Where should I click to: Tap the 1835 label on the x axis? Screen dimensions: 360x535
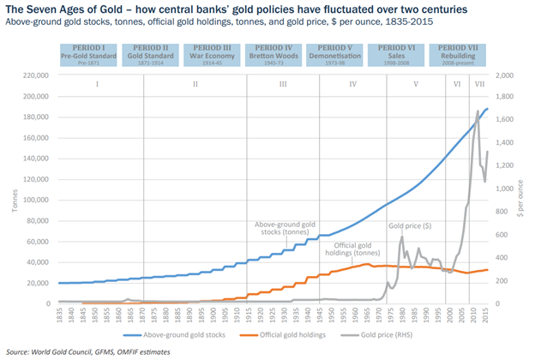coord(59,315)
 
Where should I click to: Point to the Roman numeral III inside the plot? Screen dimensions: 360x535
coord(283,85)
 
